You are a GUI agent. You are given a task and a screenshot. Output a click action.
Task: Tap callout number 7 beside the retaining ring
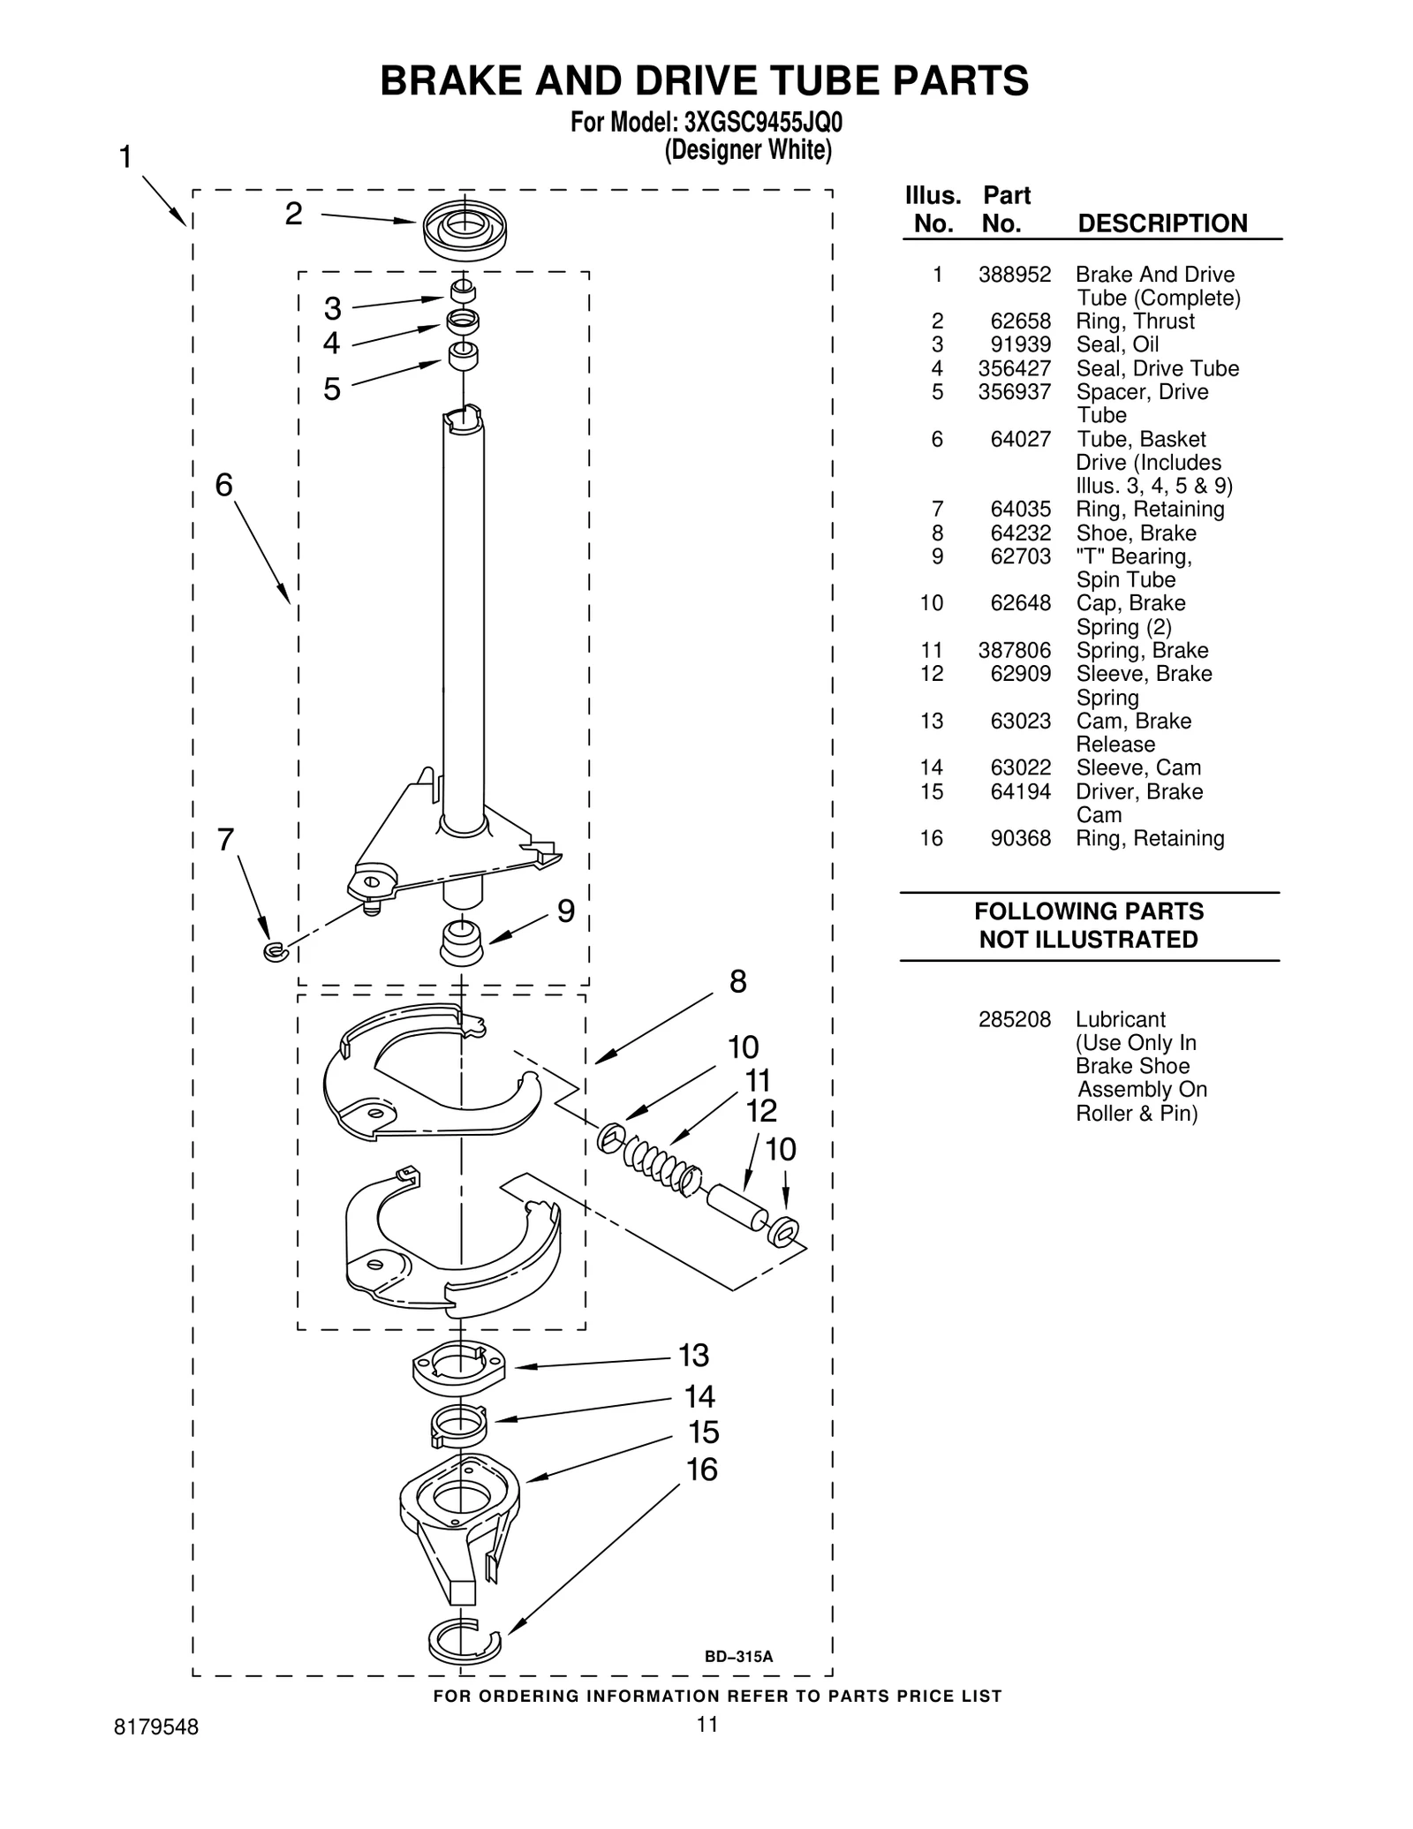click(x=226, y=839)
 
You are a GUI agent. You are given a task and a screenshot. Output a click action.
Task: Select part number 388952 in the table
click(x=1014, y=275)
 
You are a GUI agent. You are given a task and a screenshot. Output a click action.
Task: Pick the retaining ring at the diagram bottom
click(x=463, y=1641)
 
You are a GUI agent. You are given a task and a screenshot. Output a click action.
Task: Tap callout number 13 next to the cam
click(x=693, y=1354)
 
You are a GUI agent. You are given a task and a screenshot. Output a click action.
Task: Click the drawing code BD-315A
click(x=738, y=1657)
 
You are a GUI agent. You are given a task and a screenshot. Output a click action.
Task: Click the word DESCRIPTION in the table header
click(x=1162, y=223)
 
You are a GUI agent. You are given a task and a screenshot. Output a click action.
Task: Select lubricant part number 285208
click(x=1014, y=1020)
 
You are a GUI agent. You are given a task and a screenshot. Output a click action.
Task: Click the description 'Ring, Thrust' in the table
click(x=1134, y=321)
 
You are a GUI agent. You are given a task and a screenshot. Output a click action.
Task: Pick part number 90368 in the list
click(x=1020, y=838)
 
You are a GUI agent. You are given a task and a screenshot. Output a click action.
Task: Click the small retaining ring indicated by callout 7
click(x=276, y=951)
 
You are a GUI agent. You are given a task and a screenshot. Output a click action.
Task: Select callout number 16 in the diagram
click(x=702, y=1470)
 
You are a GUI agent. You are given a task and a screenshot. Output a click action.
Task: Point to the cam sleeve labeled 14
click(x=459, y=1425)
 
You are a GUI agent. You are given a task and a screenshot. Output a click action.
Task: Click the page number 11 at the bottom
click(x=706, y=1724)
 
